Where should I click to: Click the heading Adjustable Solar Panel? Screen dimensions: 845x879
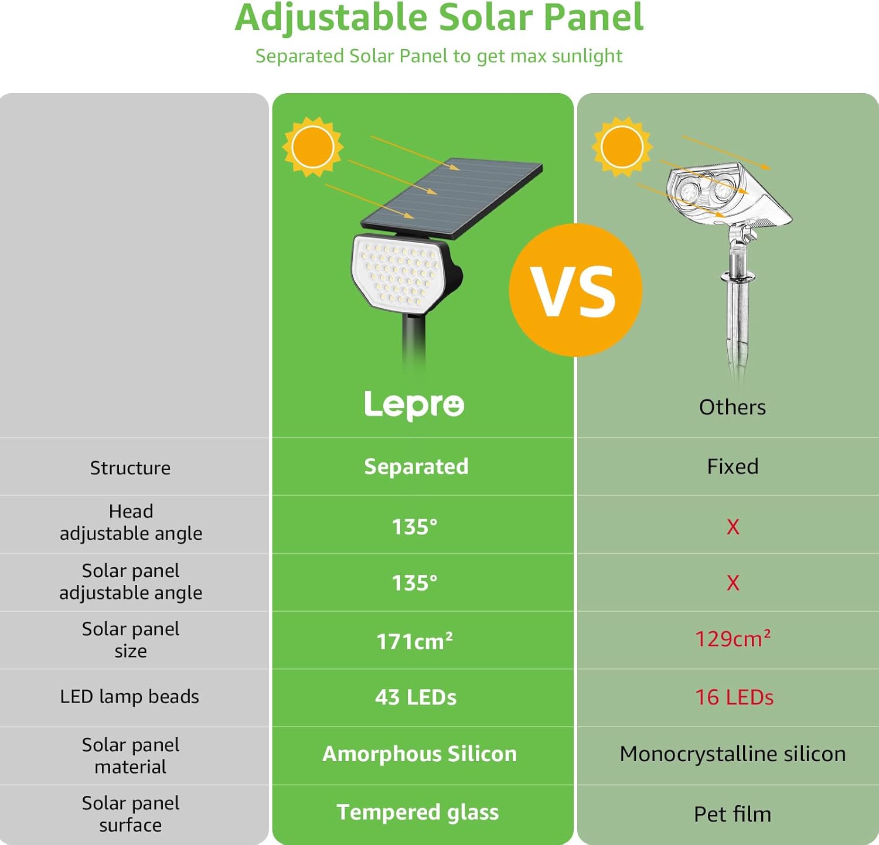(439, 18)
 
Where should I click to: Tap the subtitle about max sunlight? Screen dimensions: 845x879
(438, 56)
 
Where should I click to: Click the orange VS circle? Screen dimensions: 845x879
(575, 290)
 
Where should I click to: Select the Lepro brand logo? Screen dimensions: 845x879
(414, 404)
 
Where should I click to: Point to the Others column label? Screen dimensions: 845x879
(732, 407)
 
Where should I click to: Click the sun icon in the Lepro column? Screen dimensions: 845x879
(313, 146)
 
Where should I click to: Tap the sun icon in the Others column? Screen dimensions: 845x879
(622, 146)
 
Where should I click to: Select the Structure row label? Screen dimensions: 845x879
(130, 468)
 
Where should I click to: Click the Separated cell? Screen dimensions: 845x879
(416, 466)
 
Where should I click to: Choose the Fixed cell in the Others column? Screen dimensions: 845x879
(732, 466)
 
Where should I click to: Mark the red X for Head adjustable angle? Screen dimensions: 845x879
(732, 526)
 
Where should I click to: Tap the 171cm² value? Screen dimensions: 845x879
(414, 641)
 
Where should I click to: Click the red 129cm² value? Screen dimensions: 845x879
(732, 639)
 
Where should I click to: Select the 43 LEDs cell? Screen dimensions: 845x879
(415, 697)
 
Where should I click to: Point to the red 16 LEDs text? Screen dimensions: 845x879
(734, 697)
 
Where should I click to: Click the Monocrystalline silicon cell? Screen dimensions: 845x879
(732, 754)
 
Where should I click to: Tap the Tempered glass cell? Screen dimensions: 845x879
(417, 812)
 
